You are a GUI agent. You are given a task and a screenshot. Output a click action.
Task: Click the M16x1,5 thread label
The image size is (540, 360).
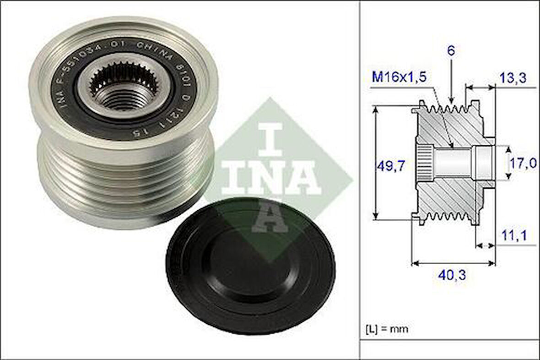(x=399, y=77)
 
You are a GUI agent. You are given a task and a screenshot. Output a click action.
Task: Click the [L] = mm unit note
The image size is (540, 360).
(x=387, y=328)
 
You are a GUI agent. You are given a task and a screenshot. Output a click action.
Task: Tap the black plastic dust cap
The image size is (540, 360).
(x=250, y=266)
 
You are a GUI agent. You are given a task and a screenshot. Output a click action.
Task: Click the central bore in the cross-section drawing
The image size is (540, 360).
(x=453, y=164)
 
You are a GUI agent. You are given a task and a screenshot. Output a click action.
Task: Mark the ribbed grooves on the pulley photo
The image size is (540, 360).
(x=126, y=183)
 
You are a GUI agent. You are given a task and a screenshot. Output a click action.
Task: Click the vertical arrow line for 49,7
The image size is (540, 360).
(x=377, y=163)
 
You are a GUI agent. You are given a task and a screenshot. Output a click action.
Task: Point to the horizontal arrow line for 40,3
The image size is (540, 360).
(x=454, y=263)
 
